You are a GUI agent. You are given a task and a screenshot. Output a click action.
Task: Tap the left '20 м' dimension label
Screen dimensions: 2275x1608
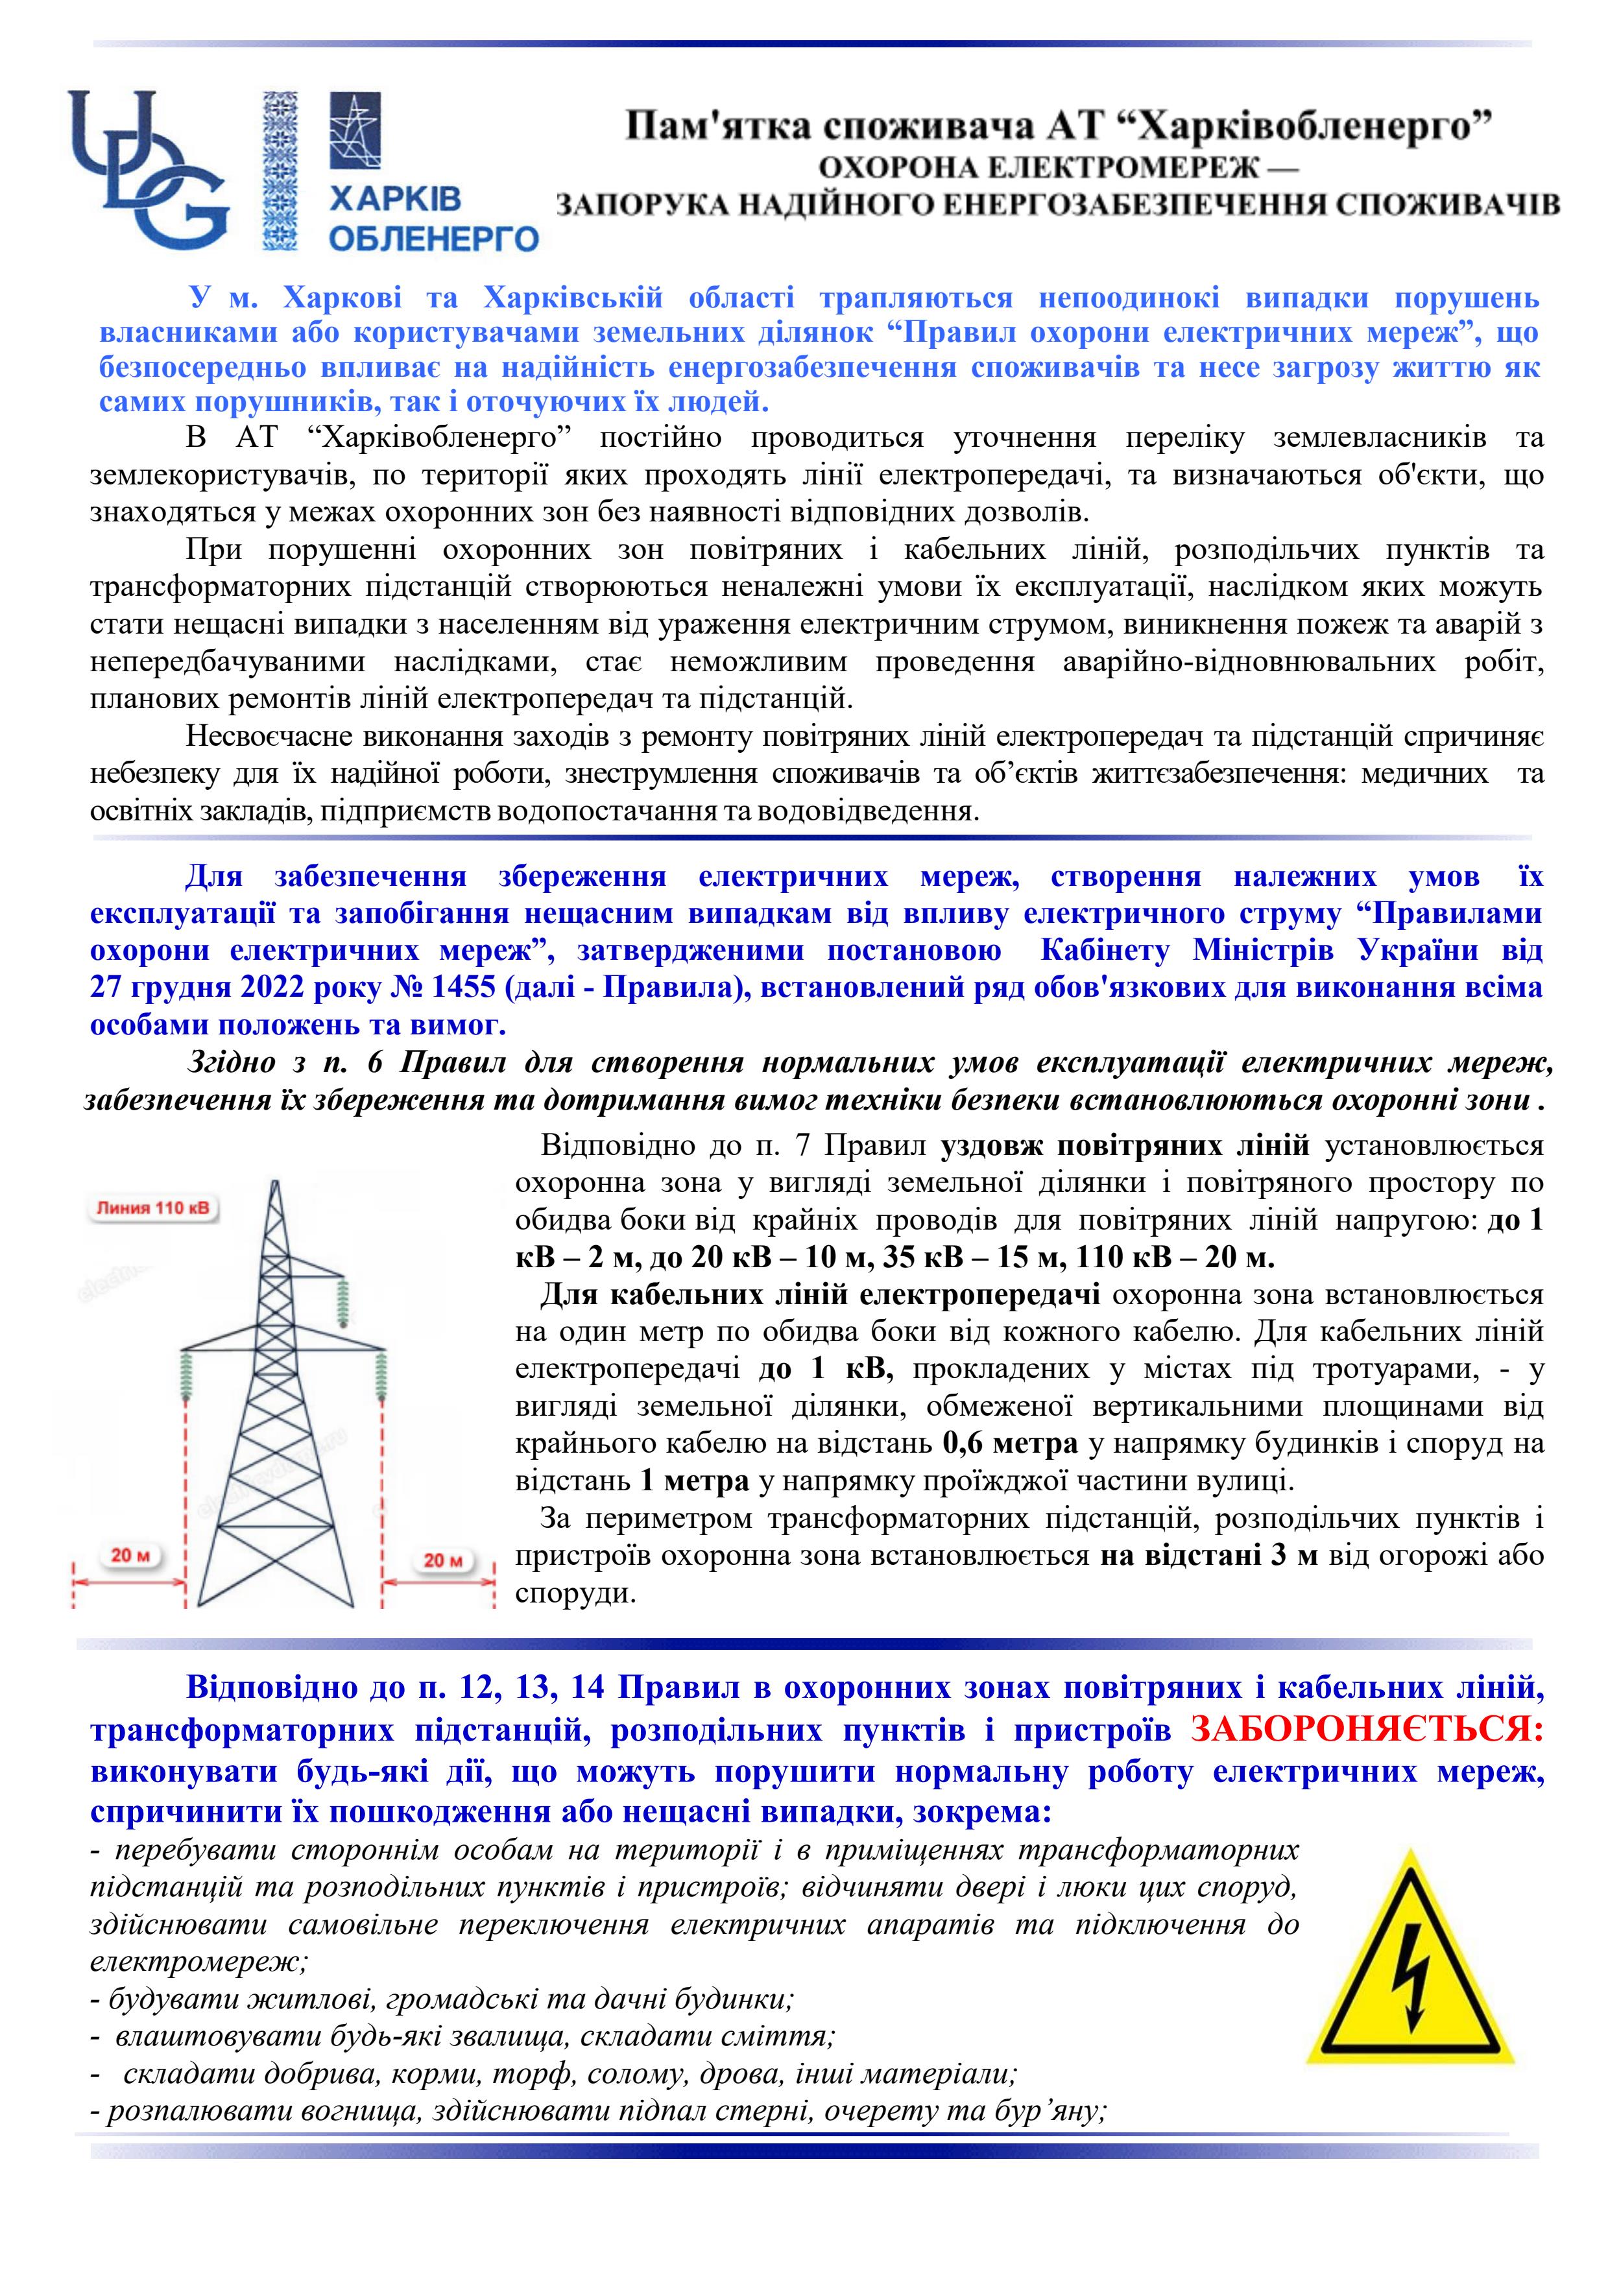pyautogui.click(x=130, y=1556)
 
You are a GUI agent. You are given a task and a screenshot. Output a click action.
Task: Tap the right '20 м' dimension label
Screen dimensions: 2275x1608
pyautogui.click(x=443, y=1560)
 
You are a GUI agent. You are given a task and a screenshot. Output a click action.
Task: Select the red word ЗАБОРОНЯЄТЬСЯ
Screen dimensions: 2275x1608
pyautogui.click(x=1366, y=1730)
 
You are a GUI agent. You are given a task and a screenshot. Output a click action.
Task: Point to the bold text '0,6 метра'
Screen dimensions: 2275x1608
pyautogui.click(x=1009, y=1445)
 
